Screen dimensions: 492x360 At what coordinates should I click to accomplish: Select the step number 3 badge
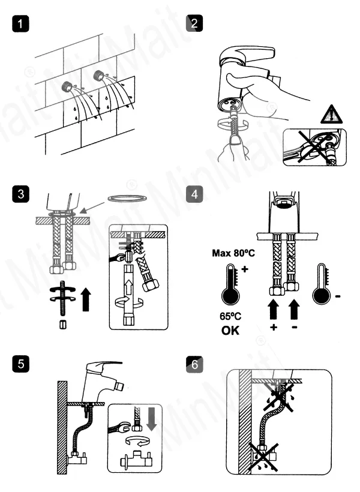[x=21, y=195]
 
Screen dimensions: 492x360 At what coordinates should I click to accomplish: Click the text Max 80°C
[x=233, y=254]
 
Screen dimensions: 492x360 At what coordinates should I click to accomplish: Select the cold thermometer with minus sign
[x=322, y=293]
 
